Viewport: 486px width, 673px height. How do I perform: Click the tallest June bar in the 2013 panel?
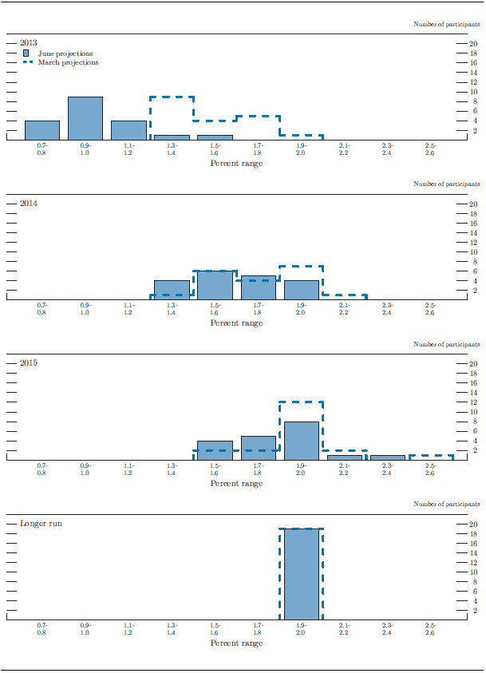[85, 118]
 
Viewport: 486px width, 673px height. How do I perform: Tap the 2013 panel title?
[28, 42]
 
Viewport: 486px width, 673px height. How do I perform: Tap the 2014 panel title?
[28, 203]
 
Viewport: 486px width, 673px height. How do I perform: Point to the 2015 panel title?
[28, 363]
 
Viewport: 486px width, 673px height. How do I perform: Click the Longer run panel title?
[41, 524]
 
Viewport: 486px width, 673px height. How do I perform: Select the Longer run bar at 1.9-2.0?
[301, 574]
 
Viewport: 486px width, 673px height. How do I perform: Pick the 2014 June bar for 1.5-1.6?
[215, 285]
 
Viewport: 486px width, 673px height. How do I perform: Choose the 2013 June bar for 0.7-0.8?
[42, 130]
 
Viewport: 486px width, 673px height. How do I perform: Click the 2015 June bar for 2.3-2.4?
[387, 457]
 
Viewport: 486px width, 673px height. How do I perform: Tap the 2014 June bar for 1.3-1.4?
[172, 290]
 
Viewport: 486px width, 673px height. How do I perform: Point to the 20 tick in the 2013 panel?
[473, 44]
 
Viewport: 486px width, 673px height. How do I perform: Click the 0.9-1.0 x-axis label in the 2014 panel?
[85, 310]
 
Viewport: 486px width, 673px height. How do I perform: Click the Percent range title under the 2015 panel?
[236, 484]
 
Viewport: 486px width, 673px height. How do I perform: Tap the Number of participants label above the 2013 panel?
[447, 25]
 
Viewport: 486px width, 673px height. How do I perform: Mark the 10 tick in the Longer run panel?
[473, 572]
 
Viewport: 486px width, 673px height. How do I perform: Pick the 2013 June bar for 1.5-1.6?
[215, 137]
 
